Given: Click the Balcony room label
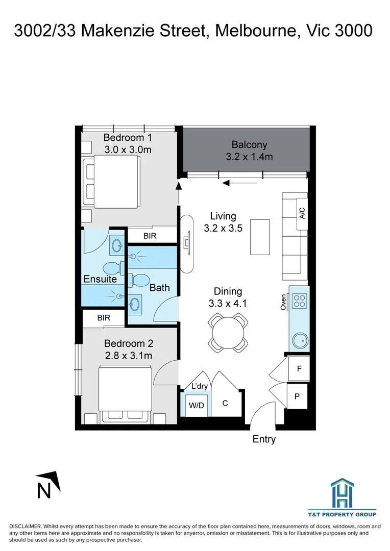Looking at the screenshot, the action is coord(249,145).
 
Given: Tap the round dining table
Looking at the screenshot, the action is coord(228,333).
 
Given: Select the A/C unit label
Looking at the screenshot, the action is coord(302,213).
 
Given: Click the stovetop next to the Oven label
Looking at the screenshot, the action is coord(299,301).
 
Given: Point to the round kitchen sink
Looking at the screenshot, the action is coord(300,340).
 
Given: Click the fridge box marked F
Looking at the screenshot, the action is coord(299,369).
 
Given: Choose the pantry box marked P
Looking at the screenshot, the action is coord(297,396).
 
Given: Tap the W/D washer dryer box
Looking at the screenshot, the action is coord(196,405).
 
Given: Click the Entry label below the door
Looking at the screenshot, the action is coord(264,439).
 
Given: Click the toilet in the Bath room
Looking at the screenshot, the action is coord(139,280).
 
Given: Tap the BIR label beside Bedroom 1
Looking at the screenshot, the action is coord(150,236).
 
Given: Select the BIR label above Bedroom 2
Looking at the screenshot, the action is coord(104,318).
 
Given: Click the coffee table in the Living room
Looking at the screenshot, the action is coord(260,237).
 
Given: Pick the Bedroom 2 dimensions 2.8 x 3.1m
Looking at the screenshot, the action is coord(129,356).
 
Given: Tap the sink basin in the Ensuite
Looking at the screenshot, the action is coord(117,245).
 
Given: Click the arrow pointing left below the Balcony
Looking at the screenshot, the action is coord(240,183).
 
